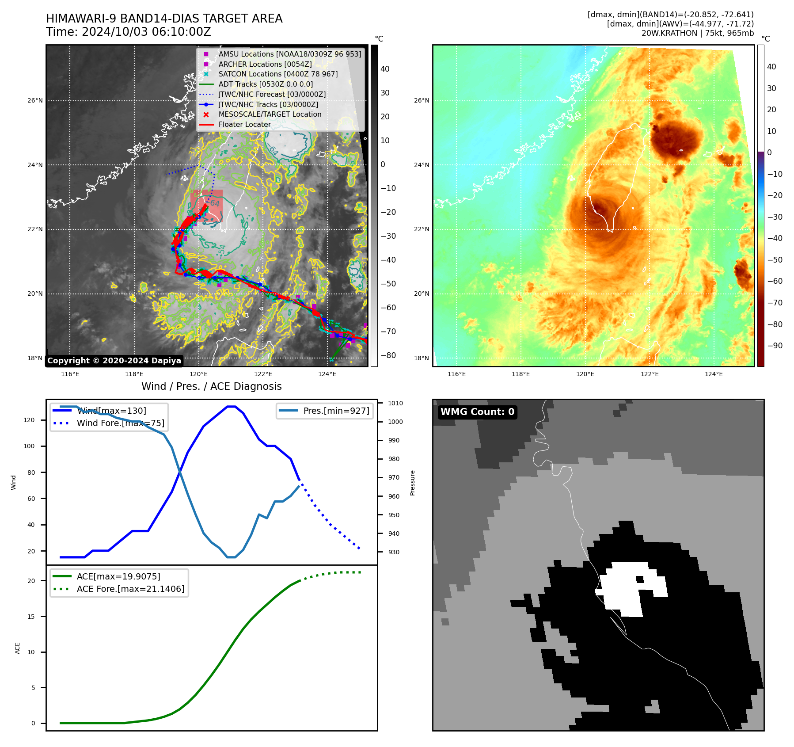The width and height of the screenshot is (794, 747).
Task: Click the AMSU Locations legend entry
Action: (x=289, y=54)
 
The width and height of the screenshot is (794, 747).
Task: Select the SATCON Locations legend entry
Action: (x=278, y=74)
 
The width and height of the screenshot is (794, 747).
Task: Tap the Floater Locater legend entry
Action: (x=244, y=124)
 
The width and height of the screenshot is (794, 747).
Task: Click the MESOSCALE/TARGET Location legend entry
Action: (x=270, y=114)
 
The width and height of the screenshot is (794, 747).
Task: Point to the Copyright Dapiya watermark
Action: (x=114, y=361)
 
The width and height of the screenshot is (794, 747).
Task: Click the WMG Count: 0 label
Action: (x=477, y=412)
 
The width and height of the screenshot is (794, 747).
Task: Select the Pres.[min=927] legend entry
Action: (x=336, y=411)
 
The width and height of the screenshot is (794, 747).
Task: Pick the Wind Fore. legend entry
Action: (x=120, y=423)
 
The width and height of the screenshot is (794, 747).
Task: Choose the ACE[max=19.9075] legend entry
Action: (x=118, y=576)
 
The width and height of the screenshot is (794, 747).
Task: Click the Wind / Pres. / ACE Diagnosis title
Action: (x=211, y=386)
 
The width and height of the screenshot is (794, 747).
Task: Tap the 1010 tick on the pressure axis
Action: (x=395, y=403)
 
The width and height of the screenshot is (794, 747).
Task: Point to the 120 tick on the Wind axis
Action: (x=29, y=420)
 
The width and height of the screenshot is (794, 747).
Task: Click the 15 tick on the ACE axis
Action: (x=31, y=617)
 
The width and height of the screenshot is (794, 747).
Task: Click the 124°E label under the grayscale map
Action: (x=327, y=374)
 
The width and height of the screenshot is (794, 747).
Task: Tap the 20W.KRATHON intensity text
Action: (x=697, y=33)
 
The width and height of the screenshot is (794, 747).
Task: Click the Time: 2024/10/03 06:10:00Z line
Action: (x=129, y=32)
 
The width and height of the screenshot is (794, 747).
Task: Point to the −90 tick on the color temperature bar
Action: (x=775, y=346)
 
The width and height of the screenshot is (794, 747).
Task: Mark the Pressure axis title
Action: (x=413, y=483)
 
